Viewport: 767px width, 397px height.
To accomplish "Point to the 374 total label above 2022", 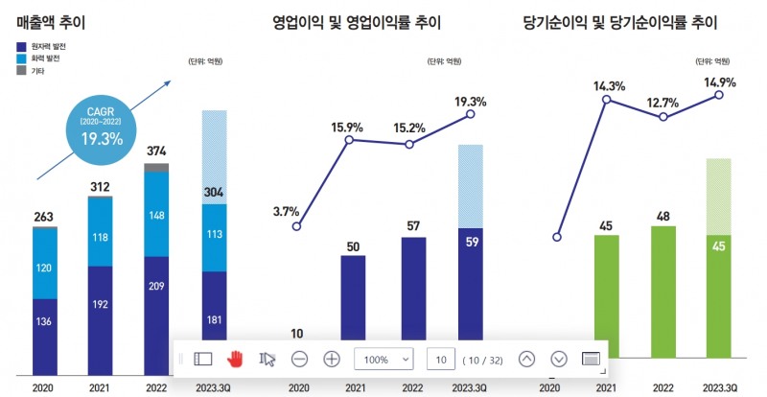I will click(155, 151).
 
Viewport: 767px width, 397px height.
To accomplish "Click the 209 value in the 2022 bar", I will click(155, 286).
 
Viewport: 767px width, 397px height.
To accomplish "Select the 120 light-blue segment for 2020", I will click(45, 269).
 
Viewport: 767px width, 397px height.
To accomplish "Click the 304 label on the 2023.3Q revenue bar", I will click(214, 191).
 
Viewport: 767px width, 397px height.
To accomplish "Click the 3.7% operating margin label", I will click(286, 211).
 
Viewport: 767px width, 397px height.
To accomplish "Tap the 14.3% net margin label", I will click(609, 86).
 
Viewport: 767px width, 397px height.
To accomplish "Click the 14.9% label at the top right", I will click(719, 82).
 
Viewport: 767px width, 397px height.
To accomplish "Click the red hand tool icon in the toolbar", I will click(235, 359).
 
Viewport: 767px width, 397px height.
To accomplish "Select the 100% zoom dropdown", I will click(383, 359).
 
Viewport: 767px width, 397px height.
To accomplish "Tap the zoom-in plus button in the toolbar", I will click(332, 359).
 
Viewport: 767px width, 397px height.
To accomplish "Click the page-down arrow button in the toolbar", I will click(559, 359).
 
